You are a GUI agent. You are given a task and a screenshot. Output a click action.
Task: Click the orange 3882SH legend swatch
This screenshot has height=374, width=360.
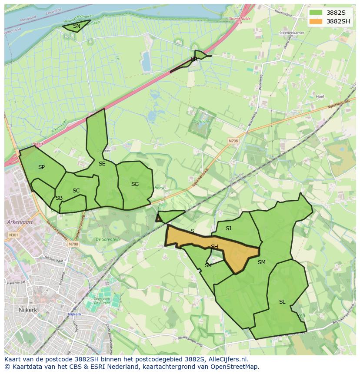(x=317, y=21)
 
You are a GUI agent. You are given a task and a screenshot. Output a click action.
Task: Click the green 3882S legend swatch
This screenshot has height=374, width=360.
(x=317, y=13)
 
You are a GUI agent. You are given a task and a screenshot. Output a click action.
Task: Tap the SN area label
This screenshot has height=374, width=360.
(x=77, y=26)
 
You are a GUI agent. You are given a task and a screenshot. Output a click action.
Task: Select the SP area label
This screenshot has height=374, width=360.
(x=41, y=167)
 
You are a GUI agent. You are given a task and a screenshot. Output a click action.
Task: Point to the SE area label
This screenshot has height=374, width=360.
(x=102, y=164)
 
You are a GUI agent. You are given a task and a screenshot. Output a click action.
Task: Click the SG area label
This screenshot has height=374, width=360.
(x=135, y=184)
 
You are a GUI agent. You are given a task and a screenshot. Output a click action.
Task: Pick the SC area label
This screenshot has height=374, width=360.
(x=76, y=191)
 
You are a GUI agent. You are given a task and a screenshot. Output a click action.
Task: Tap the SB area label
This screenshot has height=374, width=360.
(x=59, y=198)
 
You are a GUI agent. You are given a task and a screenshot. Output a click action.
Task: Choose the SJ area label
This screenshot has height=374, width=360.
(x=228, y=228)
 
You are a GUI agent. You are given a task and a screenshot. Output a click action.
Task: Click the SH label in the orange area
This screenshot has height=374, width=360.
(x=214, y=247)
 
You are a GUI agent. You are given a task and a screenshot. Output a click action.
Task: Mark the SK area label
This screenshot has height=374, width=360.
(x=208, y=265)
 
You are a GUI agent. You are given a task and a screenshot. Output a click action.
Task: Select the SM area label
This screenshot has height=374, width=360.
(x=261, y=262)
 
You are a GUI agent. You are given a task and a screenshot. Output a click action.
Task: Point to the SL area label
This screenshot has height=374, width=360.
(x=282, y=302)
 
